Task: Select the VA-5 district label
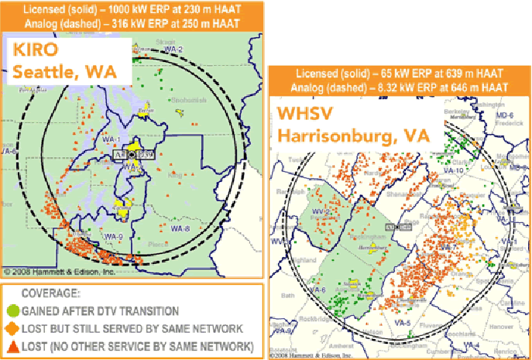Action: click(x=400, y=321)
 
